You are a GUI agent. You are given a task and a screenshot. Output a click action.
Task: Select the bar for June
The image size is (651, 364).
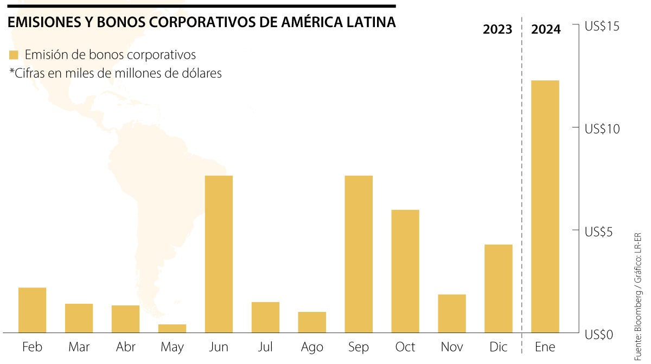pos(219,254)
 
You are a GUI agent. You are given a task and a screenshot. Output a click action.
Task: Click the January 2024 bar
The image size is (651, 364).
pos(545,206)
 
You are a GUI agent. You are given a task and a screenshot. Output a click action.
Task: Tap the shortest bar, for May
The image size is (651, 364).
pos(172,328)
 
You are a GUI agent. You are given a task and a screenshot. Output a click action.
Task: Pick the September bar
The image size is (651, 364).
pos(359,254)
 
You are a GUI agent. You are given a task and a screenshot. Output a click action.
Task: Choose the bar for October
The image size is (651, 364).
pos(405,271)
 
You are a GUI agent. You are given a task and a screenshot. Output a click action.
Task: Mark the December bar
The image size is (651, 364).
pos(499,288)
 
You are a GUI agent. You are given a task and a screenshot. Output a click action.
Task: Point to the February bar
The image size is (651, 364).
pos(32,310)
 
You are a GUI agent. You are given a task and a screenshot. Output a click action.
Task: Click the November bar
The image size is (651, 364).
pos(452,313)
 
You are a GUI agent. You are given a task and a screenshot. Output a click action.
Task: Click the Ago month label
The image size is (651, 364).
pos(312,347)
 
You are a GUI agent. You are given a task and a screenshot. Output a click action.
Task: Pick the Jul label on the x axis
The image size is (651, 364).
pos(265,347)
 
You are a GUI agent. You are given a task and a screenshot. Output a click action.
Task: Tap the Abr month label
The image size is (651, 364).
pos(125,347)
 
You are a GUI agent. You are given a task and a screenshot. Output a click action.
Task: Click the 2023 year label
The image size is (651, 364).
pos(497,29)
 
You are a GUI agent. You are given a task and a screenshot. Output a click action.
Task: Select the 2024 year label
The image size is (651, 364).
pos(546,29)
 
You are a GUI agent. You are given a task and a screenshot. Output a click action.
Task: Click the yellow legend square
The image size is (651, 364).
pos(14,55)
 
